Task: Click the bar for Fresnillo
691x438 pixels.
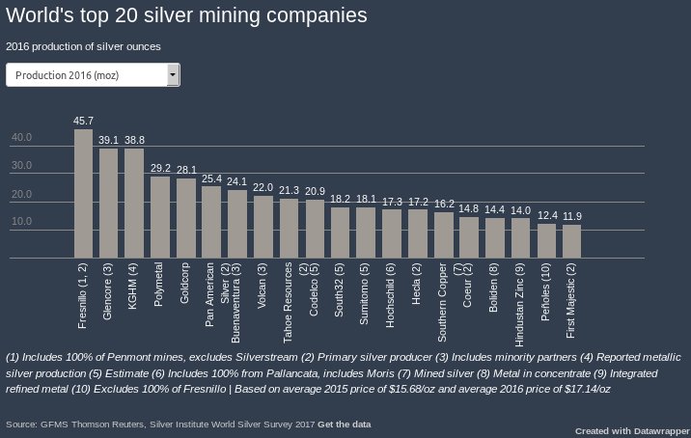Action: [83, 194]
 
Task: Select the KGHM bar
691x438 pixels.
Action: [135, 204]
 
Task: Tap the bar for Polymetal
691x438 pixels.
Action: [160, 217]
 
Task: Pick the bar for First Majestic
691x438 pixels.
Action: [572, 241]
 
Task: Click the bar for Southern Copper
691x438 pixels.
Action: [444, 235]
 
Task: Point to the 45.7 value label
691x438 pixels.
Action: [84, 121]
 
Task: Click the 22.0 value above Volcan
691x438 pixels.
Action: [263, 187]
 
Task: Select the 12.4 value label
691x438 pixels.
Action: [547, 215]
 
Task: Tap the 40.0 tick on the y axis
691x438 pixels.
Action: [21, 138]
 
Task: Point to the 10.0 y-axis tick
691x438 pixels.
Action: [21, 222]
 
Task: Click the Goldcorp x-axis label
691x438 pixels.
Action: [185, 286]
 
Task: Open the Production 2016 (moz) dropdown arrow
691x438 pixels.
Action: [173, 74]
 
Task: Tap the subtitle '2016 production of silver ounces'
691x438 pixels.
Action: [83, 45]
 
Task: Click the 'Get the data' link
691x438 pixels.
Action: [345, 424]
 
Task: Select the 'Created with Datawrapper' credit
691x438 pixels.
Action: [632, 430]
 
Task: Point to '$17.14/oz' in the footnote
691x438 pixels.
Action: [577, 388]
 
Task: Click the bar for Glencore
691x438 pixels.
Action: [109, 204]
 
